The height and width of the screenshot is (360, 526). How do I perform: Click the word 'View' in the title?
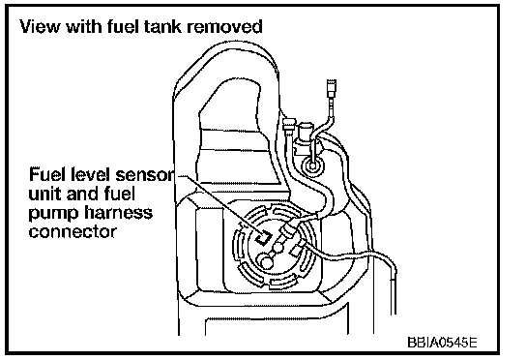(x=40, y=26)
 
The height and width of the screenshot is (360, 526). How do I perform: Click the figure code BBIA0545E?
(x=442, y=343)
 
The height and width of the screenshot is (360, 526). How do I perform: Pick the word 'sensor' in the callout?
(x=145, y=174)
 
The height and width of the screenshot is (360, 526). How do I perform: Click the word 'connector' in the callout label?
(x=73, y=232)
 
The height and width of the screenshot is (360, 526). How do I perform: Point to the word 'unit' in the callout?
(x=44, y=194)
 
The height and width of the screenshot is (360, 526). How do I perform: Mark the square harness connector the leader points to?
(x=263, y=238)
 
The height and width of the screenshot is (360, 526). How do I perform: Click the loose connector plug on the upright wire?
(x=332, y=87)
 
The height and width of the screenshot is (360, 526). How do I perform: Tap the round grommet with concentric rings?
(x=312, y=165)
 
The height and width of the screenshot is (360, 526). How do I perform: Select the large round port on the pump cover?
(x=267, y=262)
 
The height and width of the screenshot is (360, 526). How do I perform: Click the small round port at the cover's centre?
(x=278, y=248)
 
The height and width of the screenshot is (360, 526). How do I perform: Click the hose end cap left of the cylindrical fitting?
(x=289, y=124)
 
